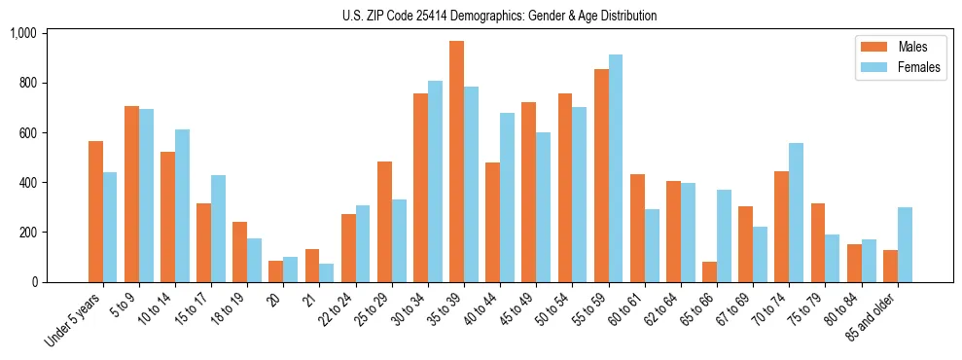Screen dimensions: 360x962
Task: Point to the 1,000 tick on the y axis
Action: tap(22, 33)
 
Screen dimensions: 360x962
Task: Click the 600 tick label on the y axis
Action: tap(26, 133)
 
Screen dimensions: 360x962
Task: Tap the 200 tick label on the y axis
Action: tap(26, 233)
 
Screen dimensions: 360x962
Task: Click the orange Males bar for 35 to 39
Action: tap(456, 162)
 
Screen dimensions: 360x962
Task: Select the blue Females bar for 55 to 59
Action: tap(616, 168)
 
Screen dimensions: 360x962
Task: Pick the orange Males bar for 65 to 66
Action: tap(709, 272)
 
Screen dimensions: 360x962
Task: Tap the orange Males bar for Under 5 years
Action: tap(95, 212)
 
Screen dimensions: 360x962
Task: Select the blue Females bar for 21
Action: tap(327, 273)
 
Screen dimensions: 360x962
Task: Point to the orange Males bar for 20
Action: tap(276, 271)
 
